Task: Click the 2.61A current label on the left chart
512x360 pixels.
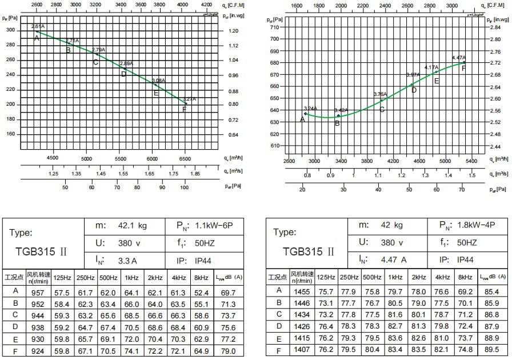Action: (37, 26)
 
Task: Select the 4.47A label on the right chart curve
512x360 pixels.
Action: (458, 58)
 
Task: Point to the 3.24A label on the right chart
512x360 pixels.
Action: (310, 109)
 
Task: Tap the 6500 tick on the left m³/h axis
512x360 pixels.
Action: (185, 158)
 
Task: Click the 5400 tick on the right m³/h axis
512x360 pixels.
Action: (471, 162)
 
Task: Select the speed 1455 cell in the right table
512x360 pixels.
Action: (302, 291)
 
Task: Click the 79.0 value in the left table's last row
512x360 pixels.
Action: (228, 351)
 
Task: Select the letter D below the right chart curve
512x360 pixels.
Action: (414, 90)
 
